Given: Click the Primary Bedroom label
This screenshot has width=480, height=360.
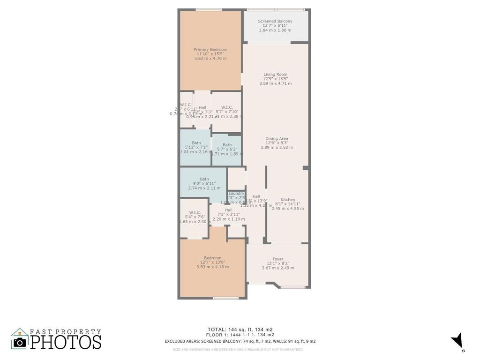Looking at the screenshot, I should (210, 50).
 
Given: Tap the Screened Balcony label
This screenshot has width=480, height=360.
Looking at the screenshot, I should (275, 22).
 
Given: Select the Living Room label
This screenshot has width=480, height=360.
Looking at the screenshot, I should (275, 75).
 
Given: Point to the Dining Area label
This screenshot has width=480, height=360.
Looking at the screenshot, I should (277, 139).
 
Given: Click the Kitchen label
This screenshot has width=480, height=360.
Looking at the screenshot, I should (288, 200).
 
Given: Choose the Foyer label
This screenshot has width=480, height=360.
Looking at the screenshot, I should (278, 259).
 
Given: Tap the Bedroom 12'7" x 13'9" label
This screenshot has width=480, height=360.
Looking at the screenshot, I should (212, 258).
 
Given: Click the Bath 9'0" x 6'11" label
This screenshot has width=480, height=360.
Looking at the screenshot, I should (204, 179).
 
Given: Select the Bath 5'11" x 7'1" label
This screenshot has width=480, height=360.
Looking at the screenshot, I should (196, 143).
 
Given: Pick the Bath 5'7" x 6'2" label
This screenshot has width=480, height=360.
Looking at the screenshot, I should (227, 145).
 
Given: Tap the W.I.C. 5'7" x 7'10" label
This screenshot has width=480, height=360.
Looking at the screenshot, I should (227, 107).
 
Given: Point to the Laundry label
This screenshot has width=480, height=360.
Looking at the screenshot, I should (236, 194).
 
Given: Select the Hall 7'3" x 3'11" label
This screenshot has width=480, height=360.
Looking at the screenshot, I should (229, 210).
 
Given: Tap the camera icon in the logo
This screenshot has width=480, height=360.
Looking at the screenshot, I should (20, 342).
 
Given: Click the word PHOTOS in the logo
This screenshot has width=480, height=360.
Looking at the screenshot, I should (66, 342).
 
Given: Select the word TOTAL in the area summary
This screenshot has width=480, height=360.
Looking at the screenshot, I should (216, 329).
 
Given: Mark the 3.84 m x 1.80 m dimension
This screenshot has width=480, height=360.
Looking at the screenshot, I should (275, 30).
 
